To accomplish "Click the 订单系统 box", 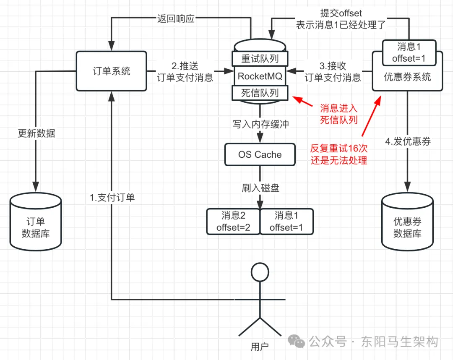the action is click(112, 71).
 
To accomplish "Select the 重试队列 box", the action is click(260, 59).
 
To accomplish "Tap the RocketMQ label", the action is click(260, 76).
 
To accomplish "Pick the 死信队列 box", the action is click(260, 93).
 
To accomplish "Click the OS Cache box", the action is click(260, 154).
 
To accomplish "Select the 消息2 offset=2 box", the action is click(233, 221).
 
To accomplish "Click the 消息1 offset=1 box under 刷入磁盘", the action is click(286, 221).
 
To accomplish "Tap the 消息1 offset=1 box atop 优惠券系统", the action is click(409, 52).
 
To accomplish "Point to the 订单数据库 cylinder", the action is click(36, 221).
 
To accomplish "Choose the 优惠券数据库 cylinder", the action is click(407, 221).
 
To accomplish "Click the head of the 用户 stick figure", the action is click(260, 272).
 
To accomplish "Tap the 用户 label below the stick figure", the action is click(260, 347).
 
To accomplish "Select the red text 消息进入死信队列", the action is click(339, 114).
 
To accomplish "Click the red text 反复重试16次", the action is click(339, 148).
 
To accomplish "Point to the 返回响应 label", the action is click(176, 19).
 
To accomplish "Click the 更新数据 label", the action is click(36, 133).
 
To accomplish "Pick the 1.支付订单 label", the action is click(112, 198).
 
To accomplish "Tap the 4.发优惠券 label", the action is click(408, 141).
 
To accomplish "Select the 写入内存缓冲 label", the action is click(260, 124).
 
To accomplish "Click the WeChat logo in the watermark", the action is click(297, 341).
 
